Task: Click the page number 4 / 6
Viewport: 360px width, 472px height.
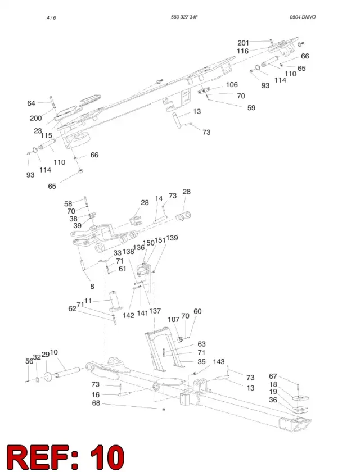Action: click(51, 17)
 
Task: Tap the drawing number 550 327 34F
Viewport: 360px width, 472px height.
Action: click(184, 17)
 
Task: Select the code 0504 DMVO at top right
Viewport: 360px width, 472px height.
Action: click(303, 17)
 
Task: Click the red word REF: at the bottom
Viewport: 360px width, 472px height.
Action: click(43, 457)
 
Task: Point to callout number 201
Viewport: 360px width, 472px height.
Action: click(244, 43)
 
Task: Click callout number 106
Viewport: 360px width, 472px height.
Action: click(232, 85)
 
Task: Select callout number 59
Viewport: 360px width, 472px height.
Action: click(251, 108)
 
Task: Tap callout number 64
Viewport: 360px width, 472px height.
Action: click(31, 103)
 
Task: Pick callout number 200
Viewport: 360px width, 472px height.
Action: click(36, 118)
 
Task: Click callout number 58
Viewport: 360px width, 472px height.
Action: click(68, 204)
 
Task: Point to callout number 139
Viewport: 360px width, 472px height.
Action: click(172, 238)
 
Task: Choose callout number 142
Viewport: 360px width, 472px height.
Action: click(128, 315)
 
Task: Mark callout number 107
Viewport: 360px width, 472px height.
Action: click(173, 319)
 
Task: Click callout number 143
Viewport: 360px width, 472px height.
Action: click(219, 361)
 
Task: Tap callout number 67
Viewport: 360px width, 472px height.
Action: click(273, 376)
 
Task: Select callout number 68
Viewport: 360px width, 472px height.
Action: click(96, 403)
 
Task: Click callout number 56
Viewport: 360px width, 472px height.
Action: click(29, 361)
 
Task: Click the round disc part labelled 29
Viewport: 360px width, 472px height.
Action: click(47, 377)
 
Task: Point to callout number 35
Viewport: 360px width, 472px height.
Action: click(201, 361)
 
